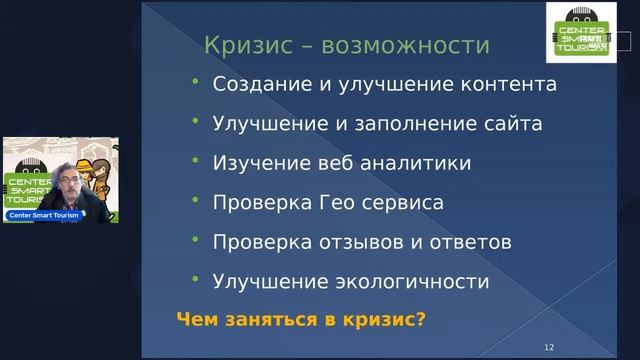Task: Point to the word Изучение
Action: (x=254, y=163)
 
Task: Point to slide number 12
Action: (x=548, y=345)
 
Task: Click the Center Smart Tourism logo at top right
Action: (x=574, y=33)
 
